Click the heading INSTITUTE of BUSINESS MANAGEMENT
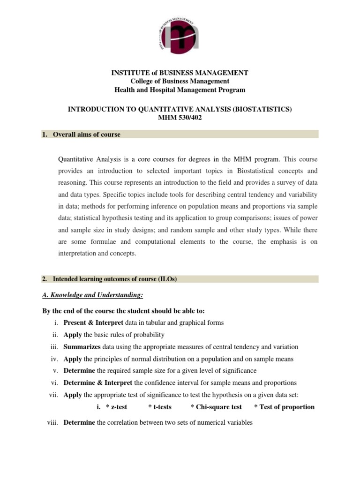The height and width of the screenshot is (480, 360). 180,73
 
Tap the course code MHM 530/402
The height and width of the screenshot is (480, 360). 180,117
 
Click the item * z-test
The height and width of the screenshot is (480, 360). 117,407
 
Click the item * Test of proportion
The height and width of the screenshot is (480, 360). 284,407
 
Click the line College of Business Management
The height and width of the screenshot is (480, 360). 180,81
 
